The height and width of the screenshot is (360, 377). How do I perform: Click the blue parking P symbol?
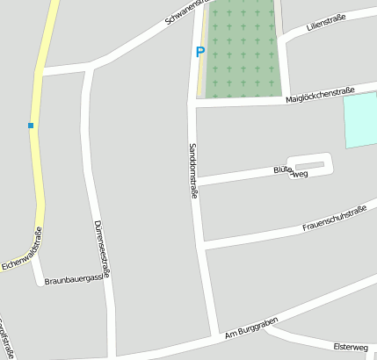coord(199,52)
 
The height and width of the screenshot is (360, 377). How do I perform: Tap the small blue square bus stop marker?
coord(31,126)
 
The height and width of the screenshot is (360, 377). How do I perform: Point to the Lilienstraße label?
coord(326,24)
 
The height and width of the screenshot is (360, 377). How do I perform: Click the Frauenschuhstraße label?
coord(334,219)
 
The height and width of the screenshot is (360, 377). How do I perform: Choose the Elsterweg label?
coord(353,347)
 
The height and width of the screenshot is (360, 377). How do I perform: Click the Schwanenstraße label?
coord(185,11)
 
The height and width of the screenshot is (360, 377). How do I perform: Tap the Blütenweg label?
coord(290,170)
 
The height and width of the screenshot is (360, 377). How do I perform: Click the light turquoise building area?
coord(360,119)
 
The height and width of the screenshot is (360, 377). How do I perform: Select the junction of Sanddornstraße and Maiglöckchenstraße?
coord(192,102)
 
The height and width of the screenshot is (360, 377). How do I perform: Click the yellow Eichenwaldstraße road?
coord(40,158)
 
